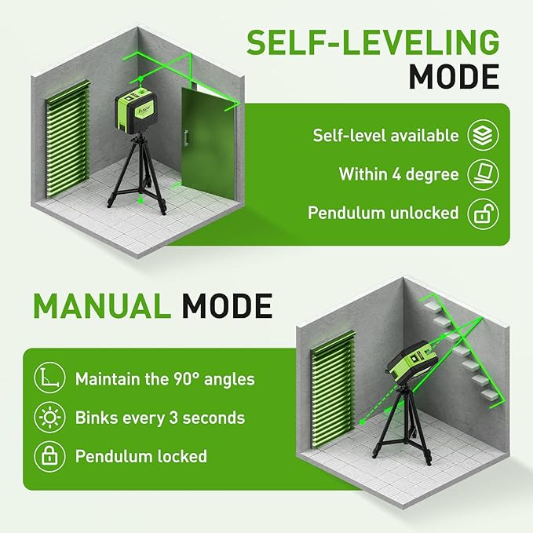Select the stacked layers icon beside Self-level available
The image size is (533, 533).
pos(483,135)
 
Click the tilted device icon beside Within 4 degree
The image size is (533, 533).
pos(483,173)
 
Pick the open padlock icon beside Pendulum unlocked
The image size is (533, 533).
pos(483,213)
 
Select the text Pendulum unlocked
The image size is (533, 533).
pos(382,213)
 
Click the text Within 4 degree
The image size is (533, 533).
pos(399,173)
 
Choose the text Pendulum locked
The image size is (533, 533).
pos(141,456)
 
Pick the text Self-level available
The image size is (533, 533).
pos(385,135)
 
